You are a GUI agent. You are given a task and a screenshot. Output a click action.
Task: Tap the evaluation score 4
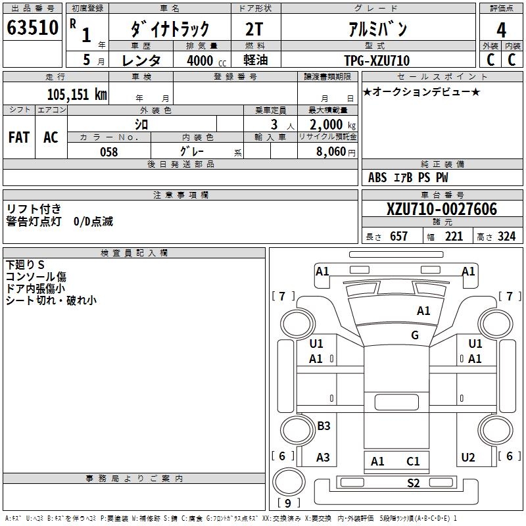pyautogui.click(x=502, y=30)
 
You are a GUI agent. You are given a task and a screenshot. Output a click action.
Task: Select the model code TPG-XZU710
pyautogui.click(x=377, y=60)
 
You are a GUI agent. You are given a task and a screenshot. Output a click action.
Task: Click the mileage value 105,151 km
pyautogui.click(x=77, y=94)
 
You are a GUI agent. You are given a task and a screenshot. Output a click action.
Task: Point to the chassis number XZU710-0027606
pyautogui.click(x=442, y=210)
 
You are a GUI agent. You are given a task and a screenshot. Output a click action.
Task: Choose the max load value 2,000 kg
pyautogui.click(x=328, y=125)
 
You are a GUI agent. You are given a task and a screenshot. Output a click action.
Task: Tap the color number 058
pyautogui.click(x=108, y=152)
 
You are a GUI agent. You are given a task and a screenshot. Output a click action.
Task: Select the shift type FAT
pyautogui.click(x=18, y=137)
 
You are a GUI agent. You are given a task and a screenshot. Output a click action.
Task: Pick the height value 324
pyautogui.click(x=506, y=236)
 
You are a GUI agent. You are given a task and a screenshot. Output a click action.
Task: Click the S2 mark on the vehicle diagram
pyautogui.click(x=413, y=483)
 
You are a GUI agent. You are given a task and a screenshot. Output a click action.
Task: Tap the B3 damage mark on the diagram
pyautogui.click(x=323, y=426)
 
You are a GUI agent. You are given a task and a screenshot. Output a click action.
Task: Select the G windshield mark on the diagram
pyautogui.click(x=415, y=335)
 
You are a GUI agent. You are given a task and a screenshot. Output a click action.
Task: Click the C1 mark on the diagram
pyautogui.click(x=413, y=462)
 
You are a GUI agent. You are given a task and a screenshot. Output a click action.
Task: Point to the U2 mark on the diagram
pyautogui.click(x=468, y=458)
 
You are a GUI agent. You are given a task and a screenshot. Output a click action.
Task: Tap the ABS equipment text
pyautogui.click(x=377, y=178)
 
